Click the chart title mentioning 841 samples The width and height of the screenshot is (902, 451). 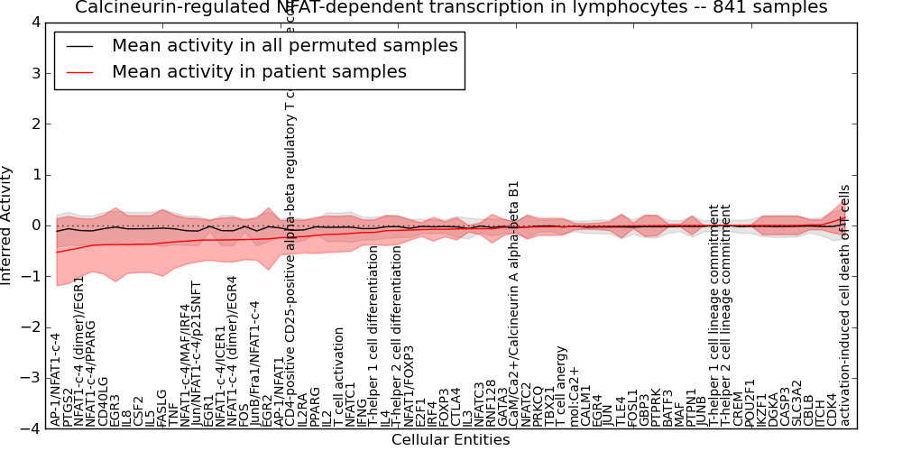point(451,8)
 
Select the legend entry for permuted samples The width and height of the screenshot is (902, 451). point(284,45)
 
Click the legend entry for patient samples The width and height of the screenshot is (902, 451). point(259,71)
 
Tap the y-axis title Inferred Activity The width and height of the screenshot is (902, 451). point(7,225)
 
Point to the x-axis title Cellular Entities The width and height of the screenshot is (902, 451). point(450,440)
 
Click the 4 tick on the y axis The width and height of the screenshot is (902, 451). point(34,22)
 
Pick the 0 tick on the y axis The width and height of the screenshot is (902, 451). point(34,225)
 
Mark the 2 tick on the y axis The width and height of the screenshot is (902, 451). point(34,124)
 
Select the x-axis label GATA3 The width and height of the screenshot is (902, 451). point(503,406)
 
